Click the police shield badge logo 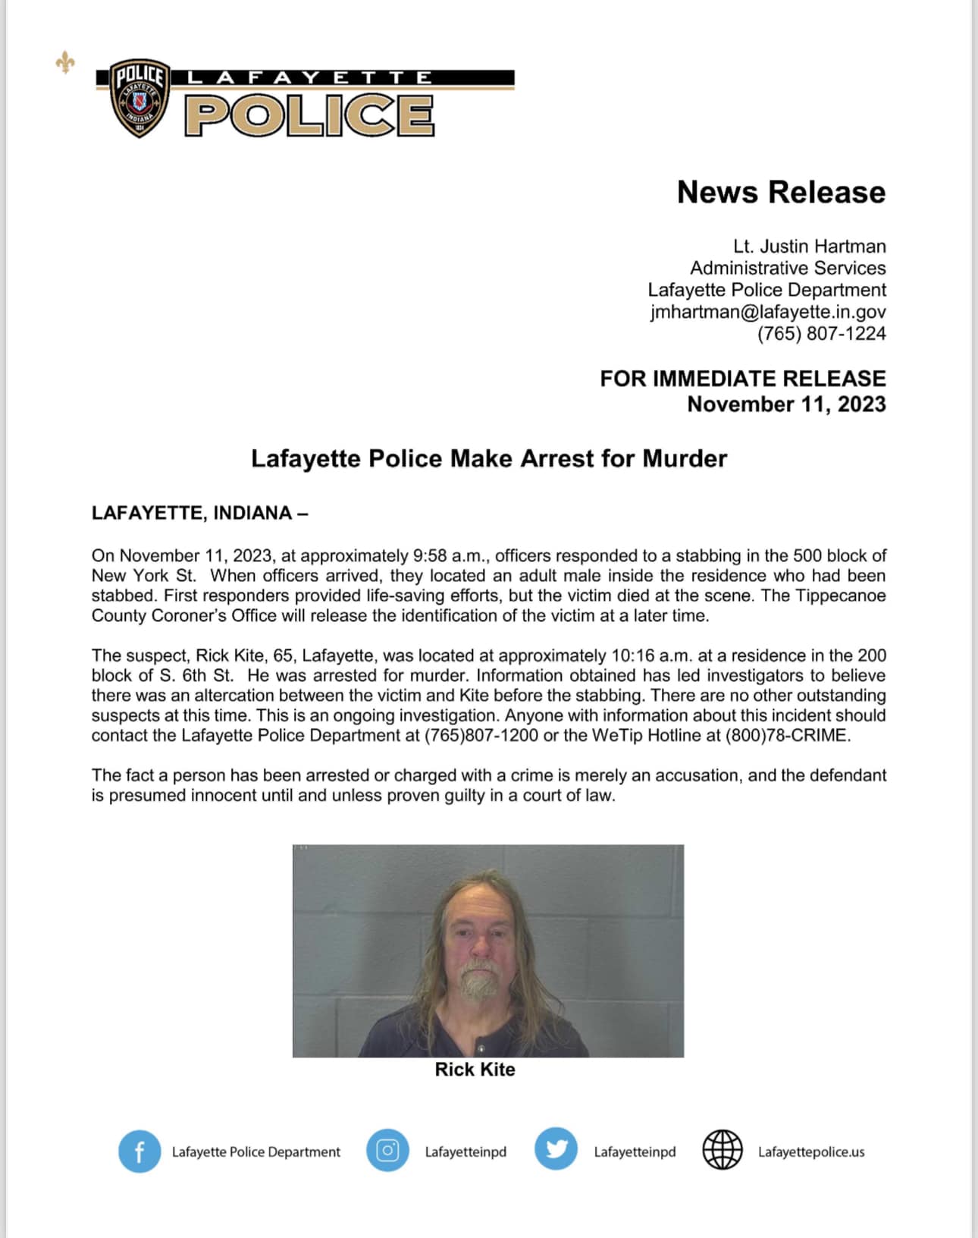tap(139, 99)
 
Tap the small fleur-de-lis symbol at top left tap(65, 62)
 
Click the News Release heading tap(781, 193)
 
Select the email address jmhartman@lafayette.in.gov tap(768, 312)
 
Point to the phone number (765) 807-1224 tap(821, 334)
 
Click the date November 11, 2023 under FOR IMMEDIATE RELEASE tap(786, 404)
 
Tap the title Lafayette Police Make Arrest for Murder tap(489, 459)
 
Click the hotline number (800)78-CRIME tap(787, 736)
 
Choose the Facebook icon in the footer tap(139, 1152)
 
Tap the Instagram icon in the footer tap(387, 1151)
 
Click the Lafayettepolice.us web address tap(811, 1152)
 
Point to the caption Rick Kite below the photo tap(475, 1070)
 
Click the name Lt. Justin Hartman tap(809, 247)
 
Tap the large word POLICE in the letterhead tap(309, 116)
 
